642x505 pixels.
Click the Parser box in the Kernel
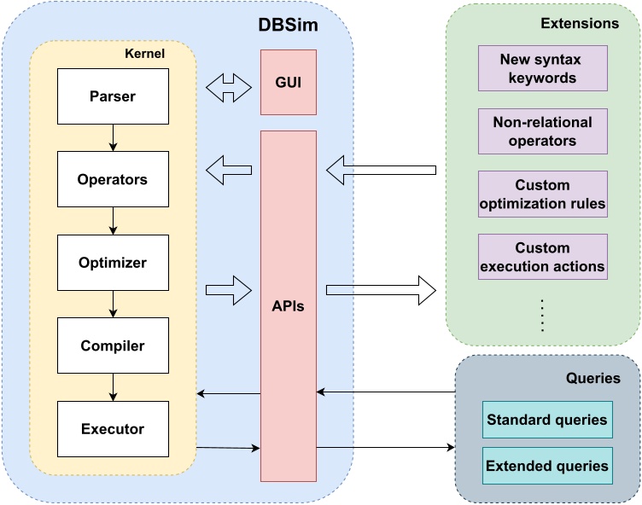point(112,96)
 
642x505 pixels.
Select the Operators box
point(112,180)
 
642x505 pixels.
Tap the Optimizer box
point(112,263)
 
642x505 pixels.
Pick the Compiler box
point(112,346)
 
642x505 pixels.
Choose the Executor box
point(112,429)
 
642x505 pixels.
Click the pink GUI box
point(288,82)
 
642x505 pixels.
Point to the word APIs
point(288,305)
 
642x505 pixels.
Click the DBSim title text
point(288,25)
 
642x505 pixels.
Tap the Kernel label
point(144,54)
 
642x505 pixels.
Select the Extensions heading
point(580,24)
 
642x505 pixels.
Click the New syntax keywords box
point(542,68)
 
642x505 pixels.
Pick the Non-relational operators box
point(542,131)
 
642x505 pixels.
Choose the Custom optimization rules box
point(542,194)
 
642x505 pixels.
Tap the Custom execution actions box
point(542,258)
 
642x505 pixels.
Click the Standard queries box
point(547,420)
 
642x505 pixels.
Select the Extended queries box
point(547,466)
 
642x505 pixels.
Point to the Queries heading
point(592,378)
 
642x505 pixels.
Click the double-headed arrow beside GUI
point(229,86)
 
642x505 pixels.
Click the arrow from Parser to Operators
point(112,137)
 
